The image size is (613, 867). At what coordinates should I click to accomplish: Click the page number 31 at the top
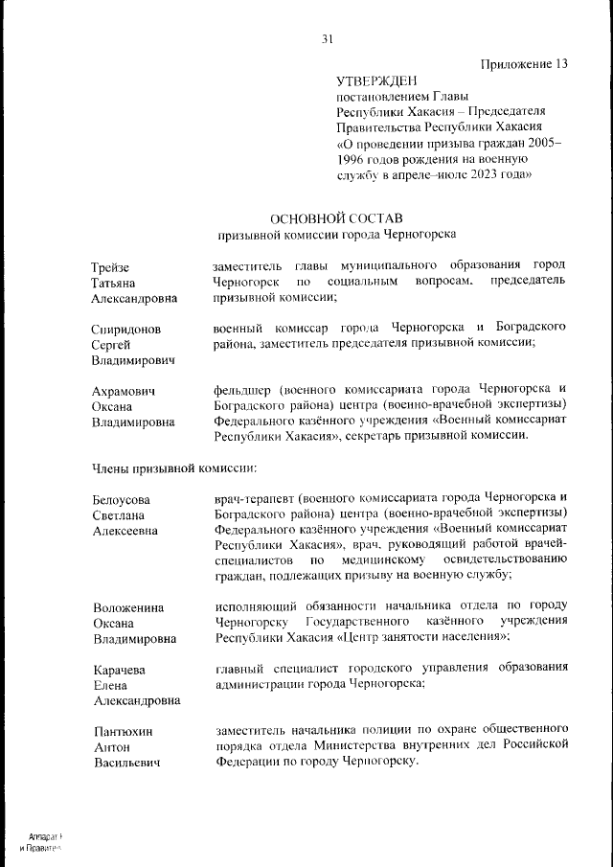point(327,39)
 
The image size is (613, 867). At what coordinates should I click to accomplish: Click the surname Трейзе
point(111,266)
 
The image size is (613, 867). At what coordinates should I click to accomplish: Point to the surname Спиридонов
point(126,329)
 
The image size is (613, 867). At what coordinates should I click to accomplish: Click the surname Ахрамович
point(125,391)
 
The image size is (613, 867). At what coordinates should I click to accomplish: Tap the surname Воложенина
point(128,607)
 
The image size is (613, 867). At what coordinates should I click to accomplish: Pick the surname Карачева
point(120,670)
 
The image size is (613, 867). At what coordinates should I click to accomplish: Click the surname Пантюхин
point(125,732)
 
